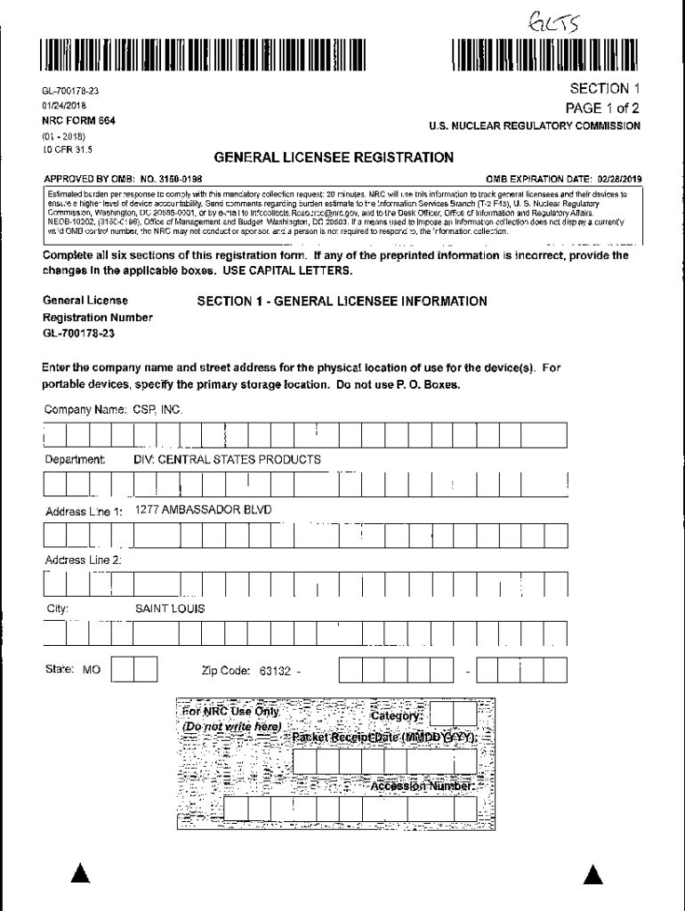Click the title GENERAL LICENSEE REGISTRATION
click(x=334, y=157)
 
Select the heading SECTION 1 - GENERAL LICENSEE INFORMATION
click(x=342, y=302)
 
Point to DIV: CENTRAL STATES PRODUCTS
click(x=227, y=459)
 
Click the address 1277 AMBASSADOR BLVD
click(x=204, y=510)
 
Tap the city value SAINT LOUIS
click(x=170, y=609)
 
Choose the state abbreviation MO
click(x=91, y=670)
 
